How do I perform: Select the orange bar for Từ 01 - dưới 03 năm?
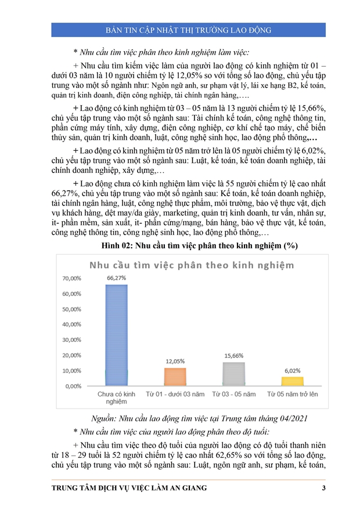[x=175, y=376]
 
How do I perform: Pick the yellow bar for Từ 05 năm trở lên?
[x=293, y=381]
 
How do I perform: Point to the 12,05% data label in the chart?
[x=175, y=361]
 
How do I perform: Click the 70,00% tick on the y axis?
[x=72, y=279]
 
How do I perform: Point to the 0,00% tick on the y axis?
[x=73, y=385]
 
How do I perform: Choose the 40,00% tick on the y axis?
[x=72, y=324]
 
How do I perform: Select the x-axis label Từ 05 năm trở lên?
[x=293, y=395]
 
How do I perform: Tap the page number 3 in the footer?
[x=323, y=488]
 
